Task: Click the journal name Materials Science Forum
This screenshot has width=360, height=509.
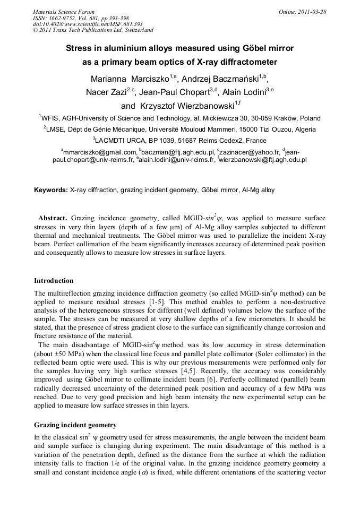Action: click(64, 12)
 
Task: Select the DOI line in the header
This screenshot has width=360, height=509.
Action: click(88, 24)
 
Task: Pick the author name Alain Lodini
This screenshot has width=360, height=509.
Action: click(244, 92)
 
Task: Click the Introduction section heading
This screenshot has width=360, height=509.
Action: click(54, 281)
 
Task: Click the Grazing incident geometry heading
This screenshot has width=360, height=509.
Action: click(75, 425)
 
